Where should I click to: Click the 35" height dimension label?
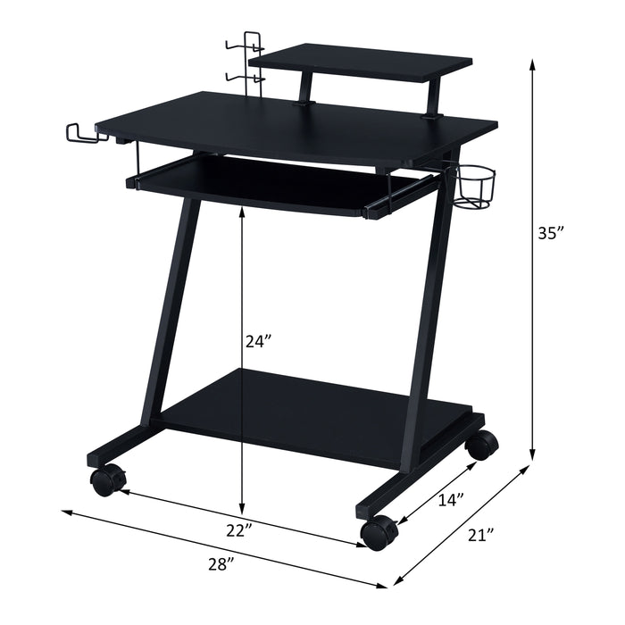pos(551,234)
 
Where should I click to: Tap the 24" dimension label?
pos(259,340)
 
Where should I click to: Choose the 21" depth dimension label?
pos(480,536)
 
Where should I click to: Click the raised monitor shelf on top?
pos(362,64)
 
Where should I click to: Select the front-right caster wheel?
pos(379,532)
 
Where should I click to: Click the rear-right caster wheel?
pos(482,445)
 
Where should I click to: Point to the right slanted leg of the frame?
pos(421,312)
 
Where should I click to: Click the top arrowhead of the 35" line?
pos(533,62)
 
